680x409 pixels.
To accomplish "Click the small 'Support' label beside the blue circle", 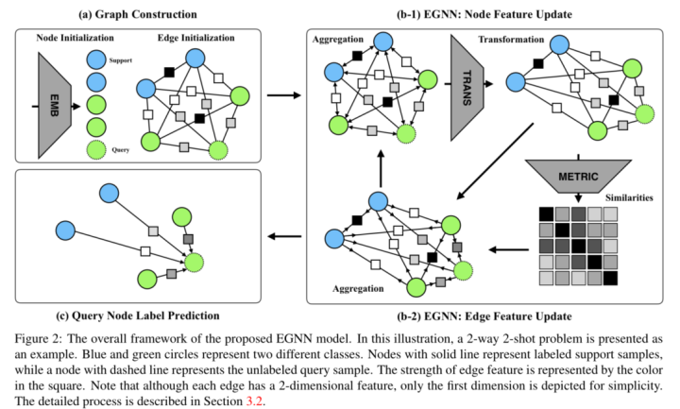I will [x=122, y=59].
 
